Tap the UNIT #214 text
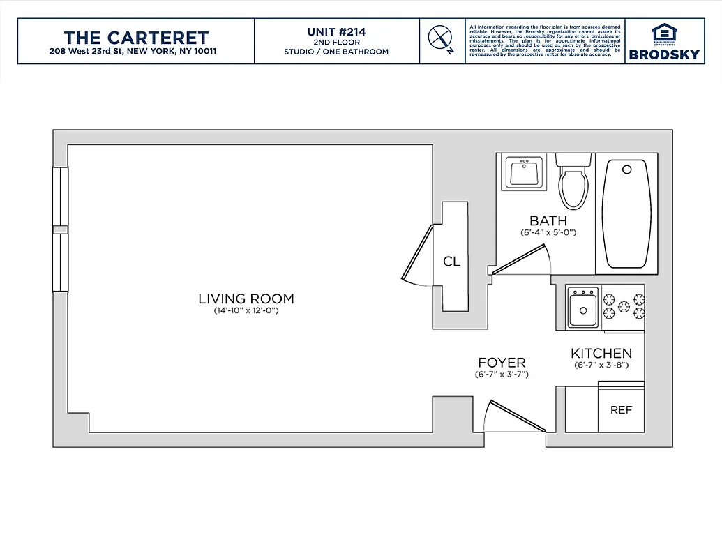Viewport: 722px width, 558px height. [x=336, y=31]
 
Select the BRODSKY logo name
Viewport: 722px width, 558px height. [x=663, y=54]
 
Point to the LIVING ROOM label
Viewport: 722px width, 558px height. [x=246, y=299]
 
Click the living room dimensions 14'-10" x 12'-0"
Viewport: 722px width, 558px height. [x=246, y=311]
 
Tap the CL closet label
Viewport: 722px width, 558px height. [x=452, y=262]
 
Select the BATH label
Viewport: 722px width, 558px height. [x=548, y=221]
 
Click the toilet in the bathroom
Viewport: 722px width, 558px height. [x=573, y=183]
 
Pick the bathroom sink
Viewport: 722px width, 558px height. [x=522, y=172]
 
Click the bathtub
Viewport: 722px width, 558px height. [x=626, y=214]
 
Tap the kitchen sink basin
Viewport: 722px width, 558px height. [x=582, y=310]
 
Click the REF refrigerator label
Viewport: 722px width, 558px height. [x=621, y=410]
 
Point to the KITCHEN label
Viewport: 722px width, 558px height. [x=601, y=354]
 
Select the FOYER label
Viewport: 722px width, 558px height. [x=501, y=363]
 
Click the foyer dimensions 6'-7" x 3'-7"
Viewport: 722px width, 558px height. [x=501, y=375]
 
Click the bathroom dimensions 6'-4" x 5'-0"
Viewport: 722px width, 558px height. [x=548, y=233]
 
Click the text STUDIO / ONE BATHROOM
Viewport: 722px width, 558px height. [x=336, y=52]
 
